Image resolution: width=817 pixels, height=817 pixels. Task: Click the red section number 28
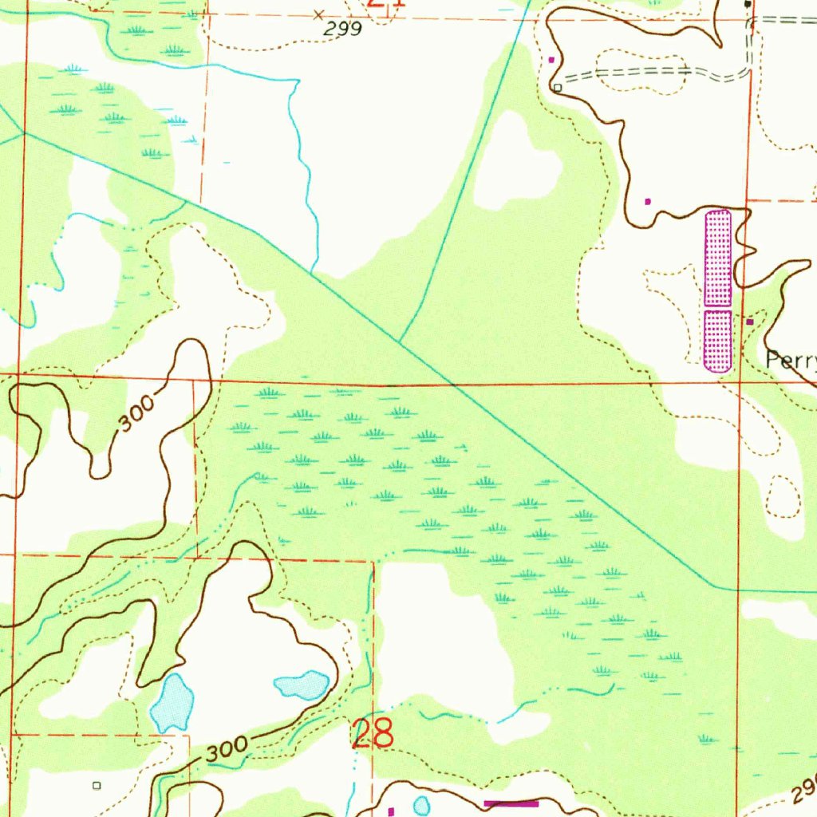pyautogui.click(x=373, y=733)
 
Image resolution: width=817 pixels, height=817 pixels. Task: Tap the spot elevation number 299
pyautogui.click(x=344, y=29)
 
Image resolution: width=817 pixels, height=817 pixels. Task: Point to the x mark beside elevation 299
pyautogui.click(x=319, y=14)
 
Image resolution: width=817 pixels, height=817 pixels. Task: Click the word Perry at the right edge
pyautogui.click(x=791, y=360)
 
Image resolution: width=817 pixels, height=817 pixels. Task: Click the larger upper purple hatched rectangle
pyautogui.click(x=718, y=258)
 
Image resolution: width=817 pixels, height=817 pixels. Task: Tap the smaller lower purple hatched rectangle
pyautogui.click(x=718, y=341)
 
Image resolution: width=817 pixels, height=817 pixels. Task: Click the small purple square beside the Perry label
pyautogui.click(x=750, y=322)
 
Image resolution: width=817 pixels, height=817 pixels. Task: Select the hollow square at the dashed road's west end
pyautogui.click(x=558, y=87)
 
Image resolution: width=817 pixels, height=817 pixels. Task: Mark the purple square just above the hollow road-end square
pyautogui.click(x=551, y=59)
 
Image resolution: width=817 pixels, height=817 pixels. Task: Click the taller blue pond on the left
pyautogui.click(x=173, y=702)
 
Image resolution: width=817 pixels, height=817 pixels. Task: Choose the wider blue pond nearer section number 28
pyautogui.click(x=302, y=684)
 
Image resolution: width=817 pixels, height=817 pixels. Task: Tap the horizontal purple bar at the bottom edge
pyautogui.click(x=511, y=803)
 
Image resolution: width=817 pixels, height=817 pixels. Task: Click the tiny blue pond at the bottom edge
pyautogui.click(x=421, y=805)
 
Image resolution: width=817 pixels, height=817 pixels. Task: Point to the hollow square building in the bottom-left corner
pyautogui.click(x=97, y=785)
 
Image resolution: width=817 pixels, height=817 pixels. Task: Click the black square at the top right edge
pyautogui.click(x=747, y=4)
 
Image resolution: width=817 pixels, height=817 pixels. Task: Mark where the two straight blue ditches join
pyautogui.click(x=401, y=341)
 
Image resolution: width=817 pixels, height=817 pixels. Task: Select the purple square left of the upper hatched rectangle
pyautogui.click(x=647, y=201)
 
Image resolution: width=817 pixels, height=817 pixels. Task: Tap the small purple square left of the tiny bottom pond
pyautogui.click(x=391, y=811)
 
